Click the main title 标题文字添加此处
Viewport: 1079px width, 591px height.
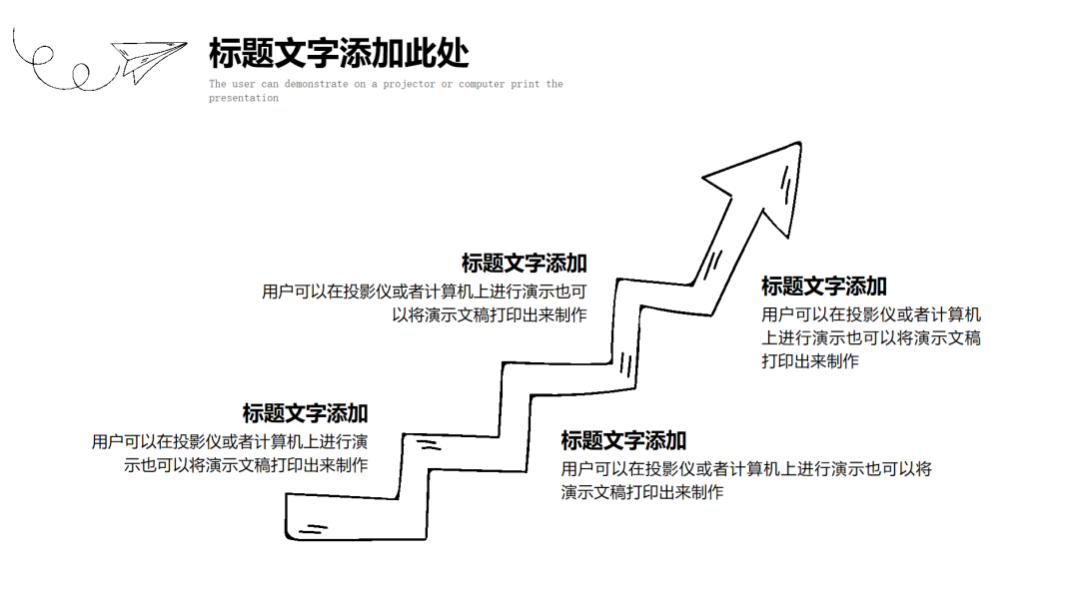(x=339, y=53)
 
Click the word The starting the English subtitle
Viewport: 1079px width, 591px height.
(x=218, y=84)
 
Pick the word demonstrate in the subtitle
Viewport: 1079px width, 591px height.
(x=316, y=84)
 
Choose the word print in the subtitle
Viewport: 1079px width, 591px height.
(x=526, y=84)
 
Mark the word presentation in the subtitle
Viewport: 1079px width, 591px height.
(x=244, y=98)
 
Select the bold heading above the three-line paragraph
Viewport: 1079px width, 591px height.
(x=824, y=287)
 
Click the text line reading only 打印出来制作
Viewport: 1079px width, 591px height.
(x=810, y=361)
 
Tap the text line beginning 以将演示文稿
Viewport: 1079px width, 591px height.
(x=490, y=315)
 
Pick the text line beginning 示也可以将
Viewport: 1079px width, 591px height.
(x=246, y=465)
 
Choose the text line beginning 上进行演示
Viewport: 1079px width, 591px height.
(x=871, y=337)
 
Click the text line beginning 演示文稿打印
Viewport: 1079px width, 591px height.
(x=642, y=492)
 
